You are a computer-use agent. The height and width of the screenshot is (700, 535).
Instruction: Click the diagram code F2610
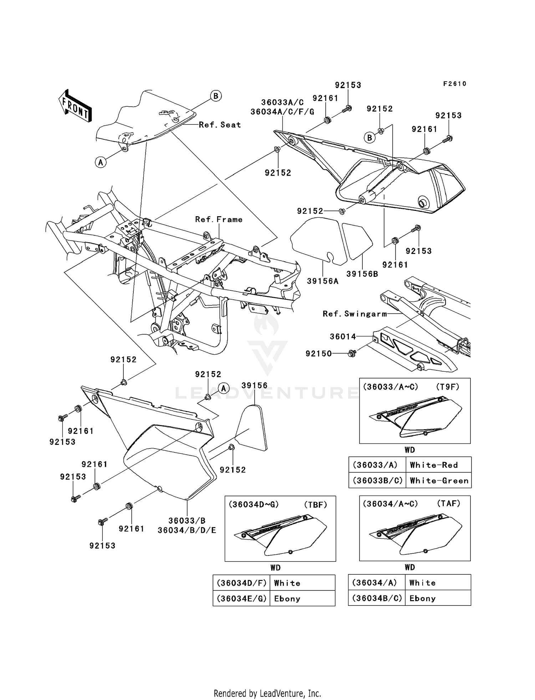[455, 84]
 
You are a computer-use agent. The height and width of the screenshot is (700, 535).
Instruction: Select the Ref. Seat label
[220, 125]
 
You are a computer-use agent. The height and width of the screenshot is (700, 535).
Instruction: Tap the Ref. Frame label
[219, 219]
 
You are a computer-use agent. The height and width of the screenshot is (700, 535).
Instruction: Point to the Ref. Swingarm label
[355, 314]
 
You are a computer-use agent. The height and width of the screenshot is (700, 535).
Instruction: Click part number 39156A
[322, 281]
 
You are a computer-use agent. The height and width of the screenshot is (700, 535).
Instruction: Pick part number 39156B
[362, 274]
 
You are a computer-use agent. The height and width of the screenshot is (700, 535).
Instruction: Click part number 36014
[343, 336]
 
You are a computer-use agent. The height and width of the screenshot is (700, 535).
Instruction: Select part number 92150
[319, 354]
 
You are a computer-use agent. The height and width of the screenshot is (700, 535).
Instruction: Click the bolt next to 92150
[352, 354]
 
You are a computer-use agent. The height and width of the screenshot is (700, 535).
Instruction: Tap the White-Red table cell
[434, 465]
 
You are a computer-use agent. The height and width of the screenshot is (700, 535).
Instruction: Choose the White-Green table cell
[439, 481]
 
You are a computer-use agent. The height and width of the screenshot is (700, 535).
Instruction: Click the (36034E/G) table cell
[241, 599]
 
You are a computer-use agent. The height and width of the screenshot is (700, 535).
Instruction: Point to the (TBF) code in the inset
[315, 504]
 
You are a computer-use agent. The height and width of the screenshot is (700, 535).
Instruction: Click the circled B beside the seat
[215, 96]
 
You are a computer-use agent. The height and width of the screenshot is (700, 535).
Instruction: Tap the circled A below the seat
[101, 162]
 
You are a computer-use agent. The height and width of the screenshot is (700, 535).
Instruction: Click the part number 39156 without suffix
[254, 386]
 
